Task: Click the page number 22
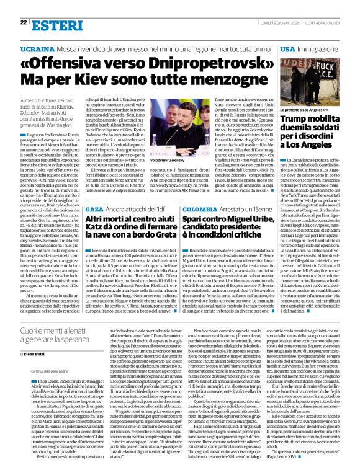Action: pyautogui.click(x=24, y=22)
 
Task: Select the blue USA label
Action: pyautogui.click(x=288, y=48)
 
